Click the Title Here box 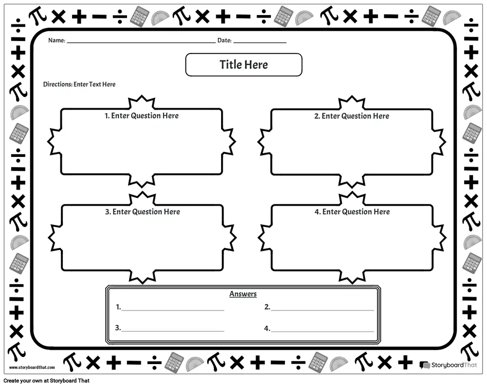coord(243,65)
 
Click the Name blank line coord(141,42)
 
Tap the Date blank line coord(259,42)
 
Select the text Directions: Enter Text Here coord(79,84)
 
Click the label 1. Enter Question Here coord(142,116)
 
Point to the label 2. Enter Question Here coord(352,116)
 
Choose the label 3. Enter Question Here coord(142,212)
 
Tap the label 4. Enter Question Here coord(352,212)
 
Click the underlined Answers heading coord(243,294)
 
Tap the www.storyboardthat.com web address coord(32,368)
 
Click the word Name coord(56,40)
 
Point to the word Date coord(224,40)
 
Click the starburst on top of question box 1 coord(141,103)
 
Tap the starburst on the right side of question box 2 coord(438,141)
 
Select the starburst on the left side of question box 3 coord(55,238)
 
